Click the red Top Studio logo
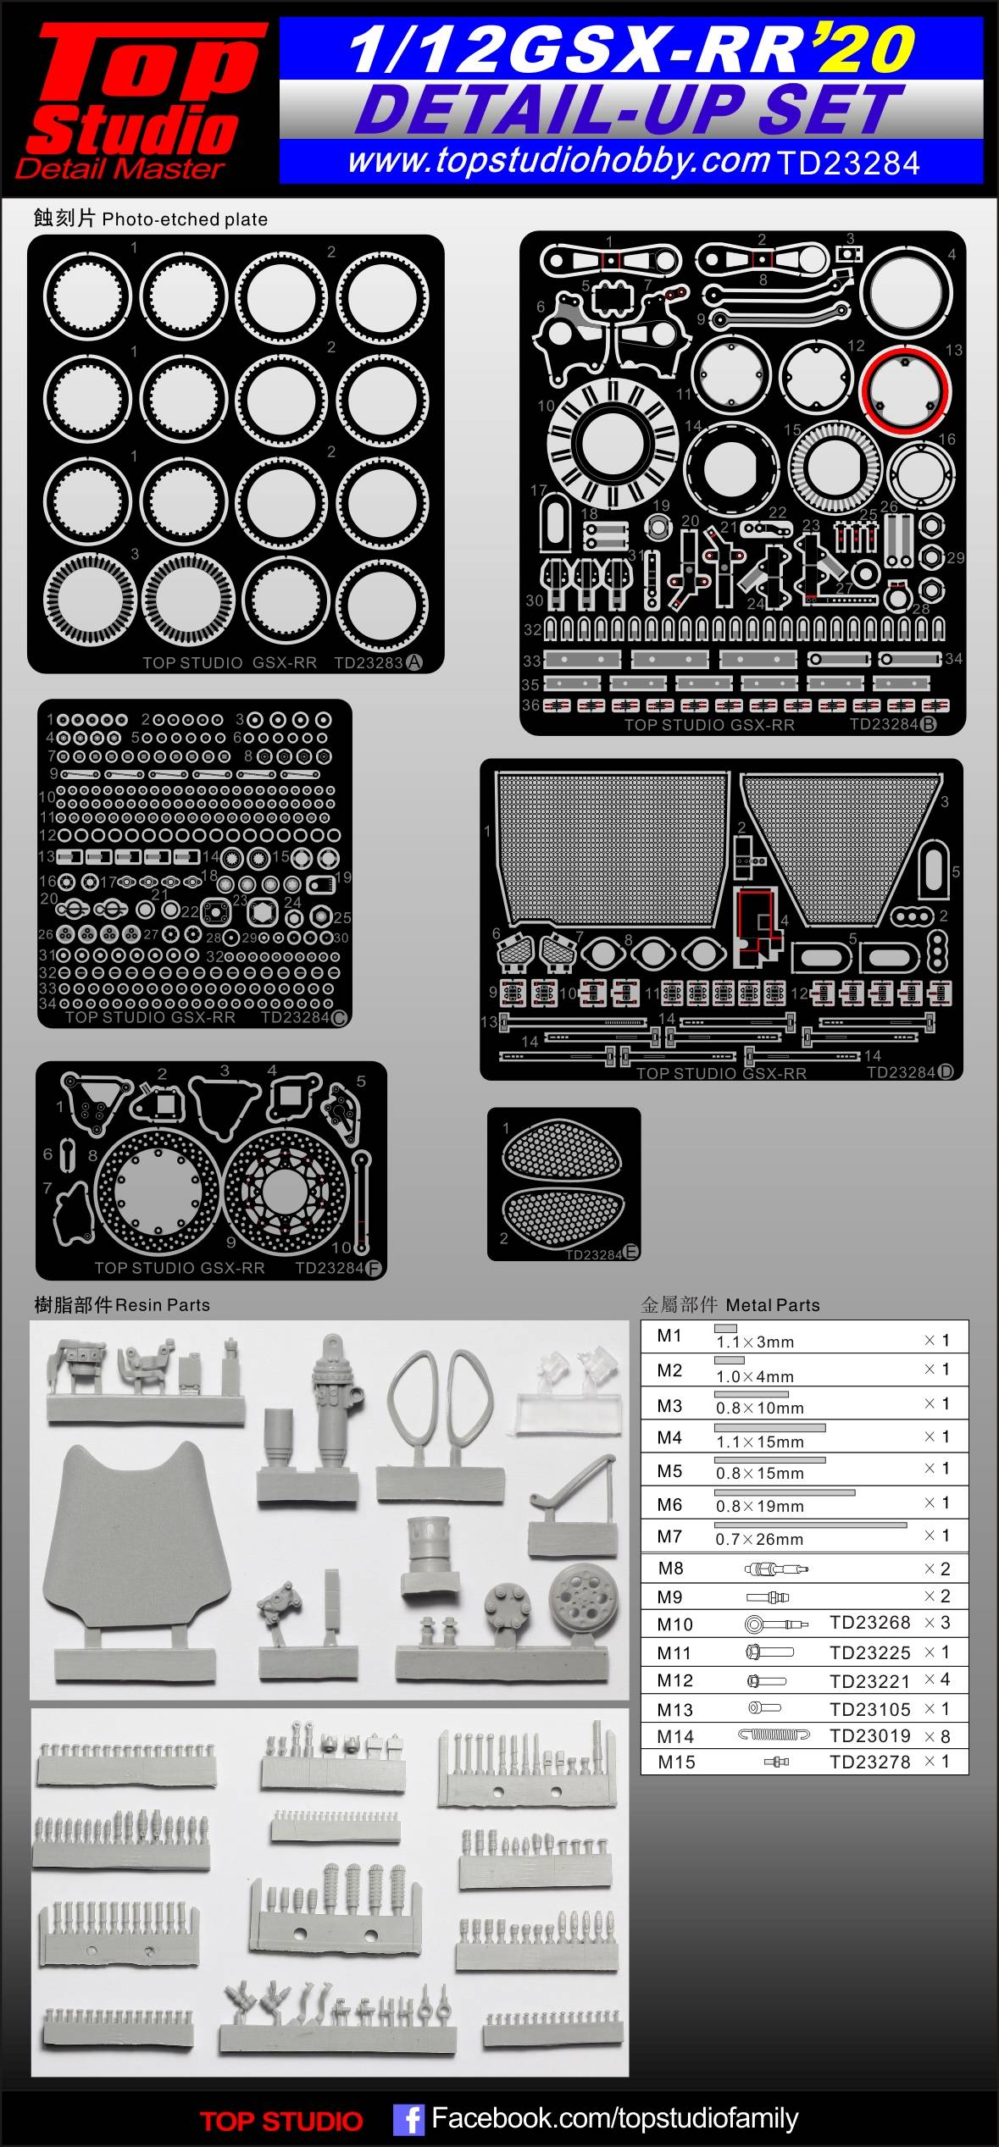coord(140,97)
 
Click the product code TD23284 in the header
coord(847,163)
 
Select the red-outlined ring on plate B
coord(904,390)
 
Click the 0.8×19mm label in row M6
coord(759,1506)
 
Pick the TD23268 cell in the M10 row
coord(869,1623)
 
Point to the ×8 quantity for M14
coord(937,1736)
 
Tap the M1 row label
coord(669,1336)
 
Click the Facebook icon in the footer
coord(408,2120)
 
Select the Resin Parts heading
coord(122,1305)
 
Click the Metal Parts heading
coord(730,1305)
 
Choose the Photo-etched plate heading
coord(151,219)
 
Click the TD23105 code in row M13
coord(869,1709)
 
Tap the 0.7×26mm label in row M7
coord(759,1539)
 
